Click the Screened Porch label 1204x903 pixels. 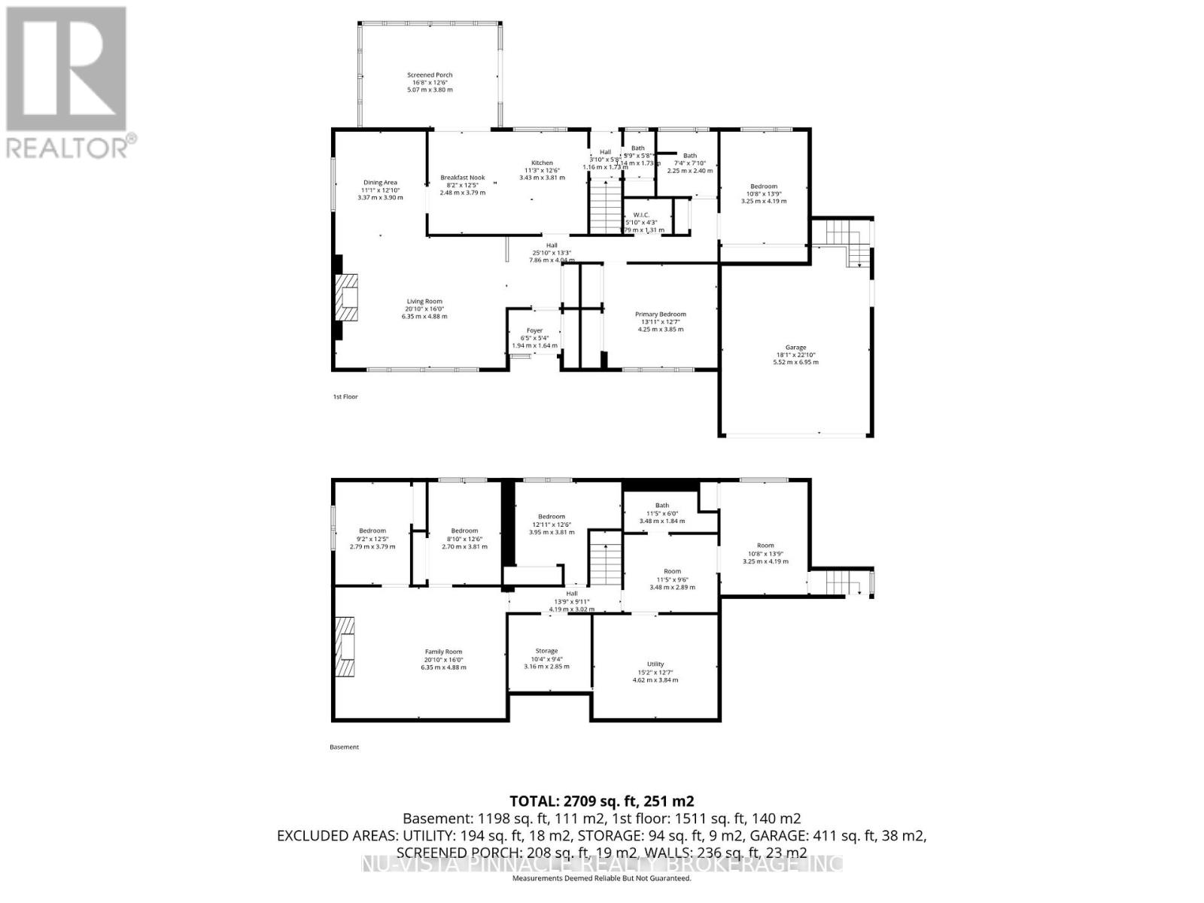(430, 81)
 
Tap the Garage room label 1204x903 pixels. (795, 354)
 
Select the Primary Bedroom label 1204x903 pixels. (660, 321)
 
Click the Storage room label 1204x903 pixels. (546, 658)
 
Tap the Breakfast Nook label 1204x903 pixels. (462, 184)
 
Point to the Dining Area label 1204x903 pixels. (380, 189)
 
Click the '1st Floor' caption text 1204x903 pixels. (345, 397)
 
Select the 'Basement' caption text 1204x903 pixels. (345, 747)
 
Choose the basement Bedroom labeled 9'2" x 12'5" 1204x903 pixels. (372, 538)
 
